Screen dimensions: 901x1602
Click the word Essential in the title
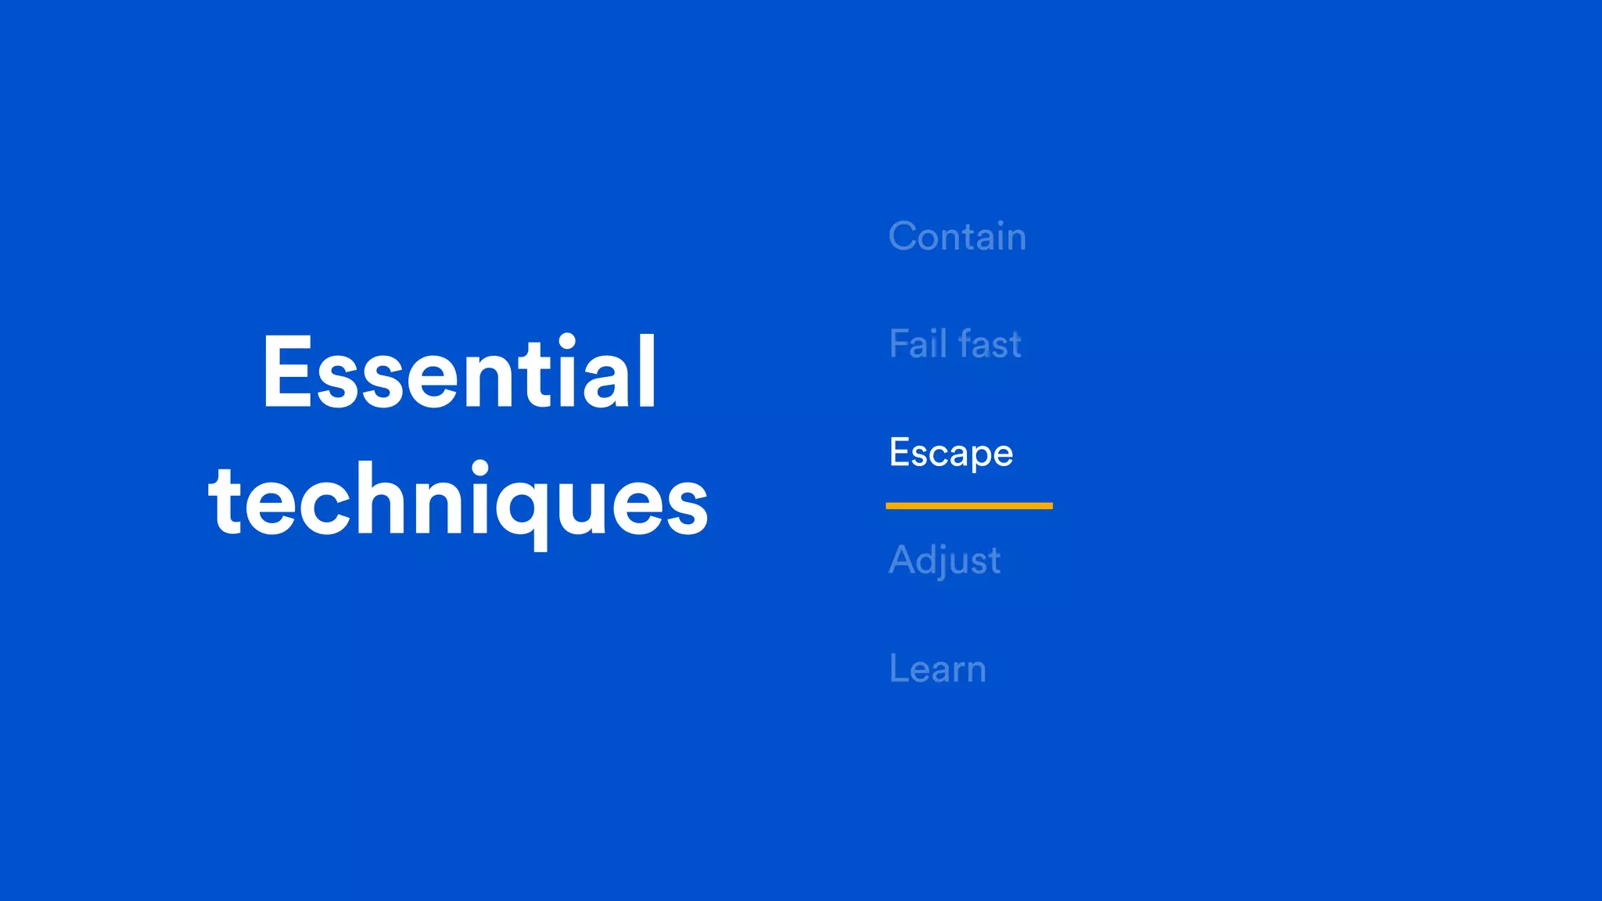(459, 372)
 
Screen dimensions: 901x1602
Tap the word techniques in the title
(458, 501)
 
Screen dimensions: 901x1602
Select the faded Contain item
(957, 236)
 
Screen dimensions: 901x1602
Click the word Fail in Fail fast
(918, 344)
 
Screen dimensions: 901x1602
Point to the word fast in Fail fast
(990, 344)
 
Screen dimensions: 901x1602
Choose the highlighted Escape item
(950, 453)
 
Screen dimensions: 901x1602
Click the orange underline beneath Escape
(968, 506)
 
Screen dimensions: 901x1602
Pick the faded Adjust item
(944, 561)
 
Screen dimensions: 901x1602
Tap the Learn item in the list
(937, 669)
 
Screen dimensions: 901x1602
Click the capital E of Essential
(287, 372)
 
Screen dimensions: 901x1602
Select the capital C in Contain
(906, 236)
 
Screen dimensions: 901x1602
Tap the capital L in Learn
(899, 669)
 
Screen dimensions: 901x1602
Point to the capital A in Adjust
(904, 561)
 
